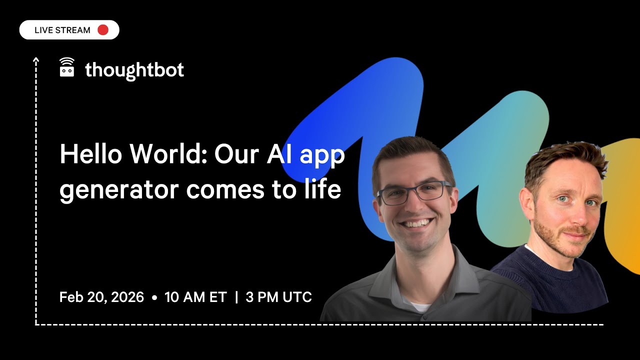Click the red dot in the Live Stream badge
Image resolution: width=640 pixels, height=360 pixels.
[x=103, y=30]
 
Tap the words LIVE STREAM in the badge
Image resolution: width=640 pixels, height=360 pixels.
[x=62, y=30]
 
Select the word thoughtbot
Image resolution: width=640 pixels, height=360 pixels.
[x=134, y=70]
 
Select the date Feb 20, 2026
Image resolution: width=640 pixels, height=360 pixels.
[x=101, y=297]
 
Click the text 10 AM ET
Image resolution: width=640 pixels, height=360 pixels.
[x=195, y=297]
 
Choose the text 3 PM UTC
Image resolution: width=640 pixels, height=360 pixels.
[x=279, y=297]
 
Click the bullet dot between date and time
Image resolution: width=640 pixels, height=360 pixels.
[x=154, y=297]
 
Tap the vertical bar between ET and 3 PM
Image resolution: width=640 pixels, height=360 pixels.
[x=236, y=297]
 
